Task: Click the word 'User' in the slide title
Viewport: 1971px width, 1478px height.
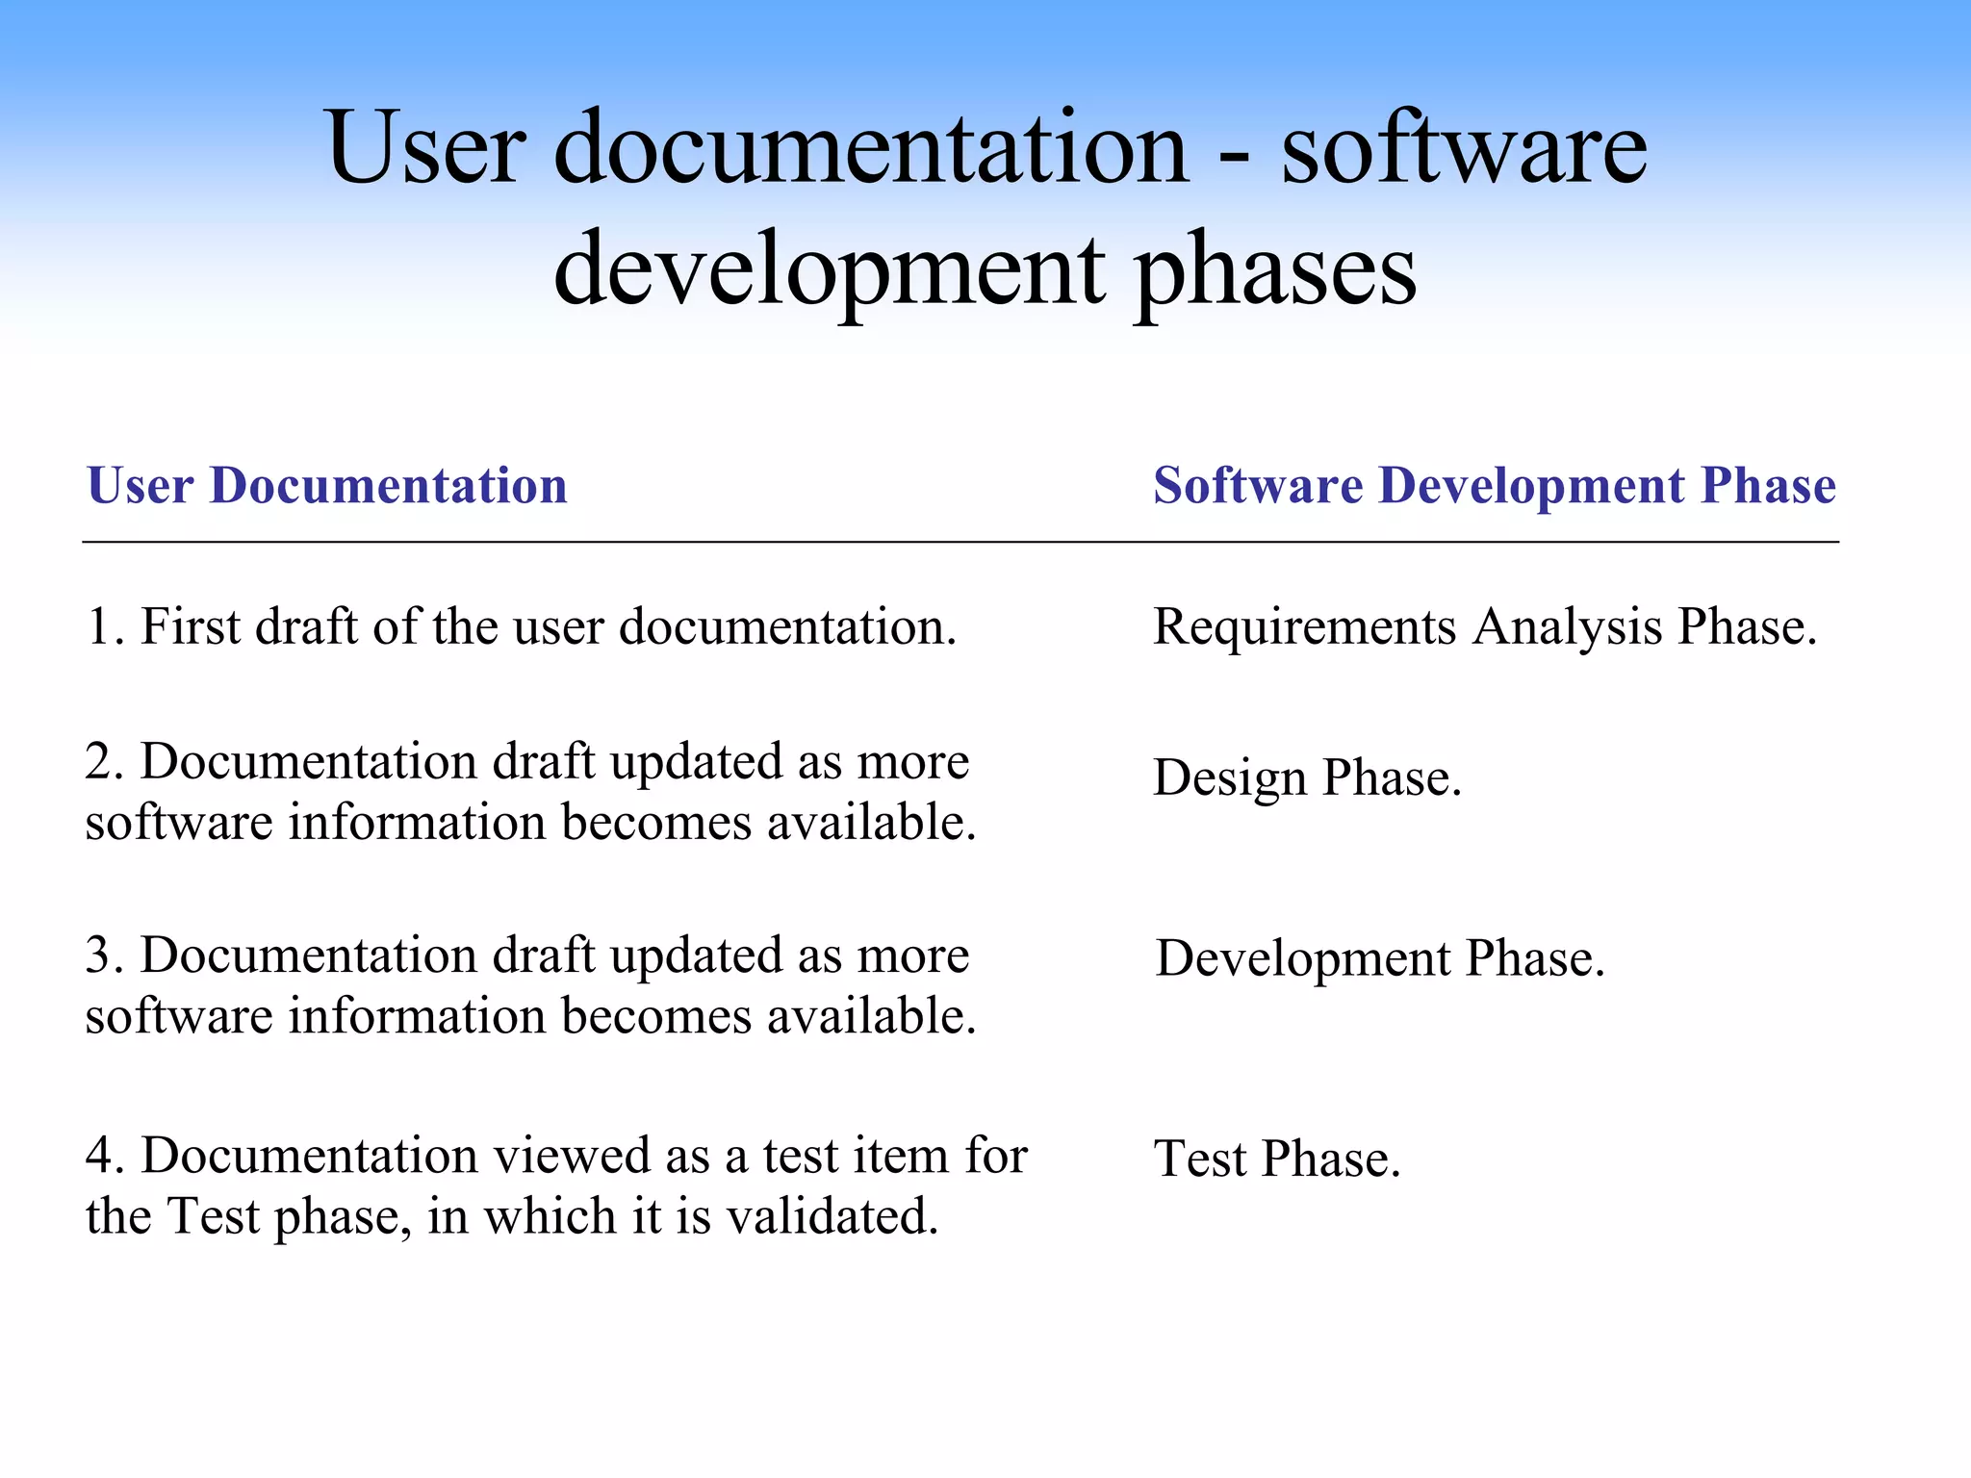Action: coord(426,148)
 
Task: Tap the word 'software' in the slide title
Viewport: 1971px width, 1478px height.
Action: coord(1463,148)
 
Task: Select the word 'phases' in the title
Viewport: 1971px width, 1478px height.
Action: coord(1274,271)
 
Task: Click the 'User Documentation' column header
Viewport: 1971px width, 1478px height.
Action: coord(327,485)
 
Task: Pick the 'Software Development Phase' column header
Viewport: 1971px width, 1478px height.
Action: coord(1495,485)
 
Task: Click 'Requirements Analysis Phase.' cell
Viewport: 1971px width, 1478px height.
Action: coord(1485,627)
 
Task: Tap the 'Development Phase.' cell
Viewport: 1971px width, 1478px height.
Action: coord(1380,958)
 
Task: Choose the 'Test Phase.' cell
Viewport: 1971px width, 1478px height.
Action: coord(1276,1159)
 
